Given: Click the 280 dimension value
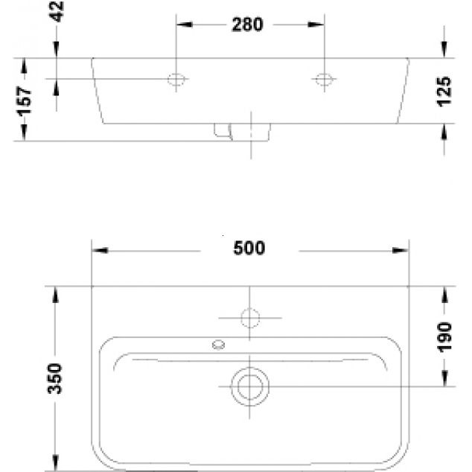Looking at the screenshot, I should pyautogui.click(x=247, y=25).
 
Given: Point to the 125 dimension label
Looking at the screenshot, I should pyautogui.click(x=444, y=91).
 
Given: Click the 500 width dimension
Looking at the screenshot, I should pyautogui.click(x=249, y=249).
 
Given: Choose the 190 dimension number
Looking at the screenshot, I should pyautogui.click(x=444, y=337).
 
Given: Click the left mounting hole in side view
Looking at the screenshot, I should pyautogui.click(x=177, y=78).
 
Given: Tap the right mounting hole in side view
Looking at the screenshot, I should pyautogui.click(x=325, y=78).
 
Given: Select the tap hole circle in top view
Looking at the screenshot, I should pyautogui.click(x=250, y=319).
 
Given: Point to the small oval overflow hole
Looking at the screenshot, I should pyautogui.click(x=219, y=344).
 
